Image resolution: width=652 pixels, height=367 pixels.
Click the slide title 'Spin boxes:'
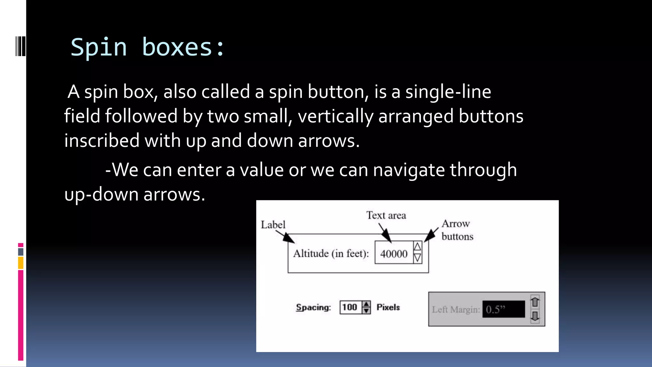pos(148,47)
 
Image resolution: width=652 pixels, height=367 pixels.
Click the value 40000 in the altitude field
pos(394,254)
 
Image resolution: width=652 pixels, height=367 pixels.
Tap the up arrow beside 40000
pos(417,247)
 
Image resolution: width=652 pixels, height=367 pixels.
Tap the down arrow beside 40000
pos(417,258)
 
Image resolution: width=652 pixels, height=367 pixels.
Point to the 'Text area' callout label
pos(386,215)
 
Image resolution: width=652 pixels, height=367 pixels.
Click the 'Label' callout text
pos(273,225)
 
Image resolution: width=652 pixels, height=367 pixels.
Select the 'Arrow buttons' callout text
pos(457,230)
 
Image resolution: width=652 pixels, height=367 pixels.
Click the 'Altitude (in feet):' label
pos(331,254)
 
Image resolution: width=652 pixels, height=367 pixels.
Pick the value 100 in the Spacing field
pos(350,307)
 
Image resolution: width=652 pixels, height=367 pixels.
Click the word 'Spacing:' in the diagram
pos(313,307)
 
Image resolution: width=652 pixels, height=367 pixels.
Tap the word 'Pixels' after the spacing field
pos(388,307)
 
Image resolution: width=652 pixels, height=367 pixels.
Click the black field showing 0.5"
pos(503,309)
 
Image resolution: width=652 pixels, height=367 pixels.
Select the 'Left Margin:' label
pos(456,310)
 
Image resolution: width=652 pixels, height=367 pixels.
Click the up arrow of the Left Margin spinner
pos(535,301)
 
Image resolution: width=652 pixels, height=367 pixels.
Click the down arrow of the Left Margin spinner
pos(535,316)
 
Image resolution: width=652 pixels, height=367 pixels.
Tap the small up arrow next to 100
pos(366,304)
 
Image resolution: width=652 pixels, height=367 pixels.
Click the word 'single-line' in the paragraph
pos(448,92)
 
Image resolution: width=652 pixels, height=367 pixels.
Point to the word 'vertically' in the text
pos(335,116)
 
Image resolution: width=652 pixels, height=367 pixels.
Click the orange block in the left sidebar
pos(21,263)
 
